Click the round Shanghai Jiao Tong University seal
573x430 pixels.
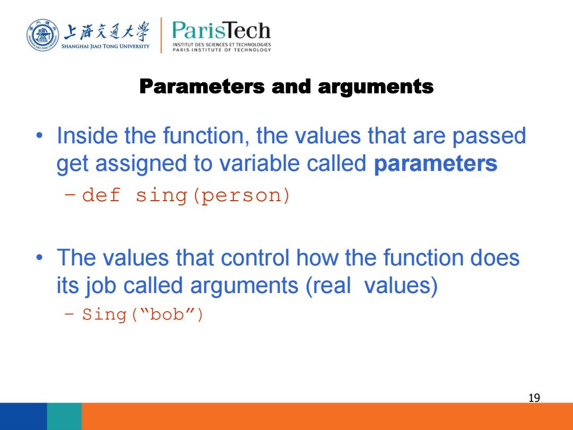pyautogui.click(x=43, y=36)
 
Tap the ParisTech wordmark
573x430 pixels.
pyautogui.click(x=221, y=31)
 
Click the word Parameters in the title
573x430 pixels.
pyautogui.click(x=202, y=87)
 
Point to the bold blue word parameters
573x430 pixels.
pyautogui.click(x=436, y=164)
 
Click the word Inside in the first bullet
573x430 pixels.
pyautogui.click(x=88, y=135)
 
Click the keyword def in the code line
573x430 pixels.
pyautogui.click(x=101, y=195)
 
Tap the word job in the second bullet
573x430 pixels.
pyautogui.click(x=101, y=286)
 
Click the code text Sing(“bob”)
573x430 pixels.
pyautogui.click(x=143, y=314)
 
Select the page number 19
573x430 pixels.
pyautogui.click(x=534, y=398)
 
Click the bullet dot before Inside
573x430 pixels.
pyautogui.click(x=39, y=136)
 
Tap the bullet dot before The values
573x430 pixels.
pyautogui.click(x=39, y=258)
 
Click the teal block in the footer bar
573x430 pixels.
pyautogui.click(x=64, y=417)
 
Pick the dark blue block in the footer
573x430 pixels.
pyautogui.click(x=23, y=417)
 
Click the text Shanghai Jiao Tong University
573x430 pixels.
pyautogui.click(x=105, y=46)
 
